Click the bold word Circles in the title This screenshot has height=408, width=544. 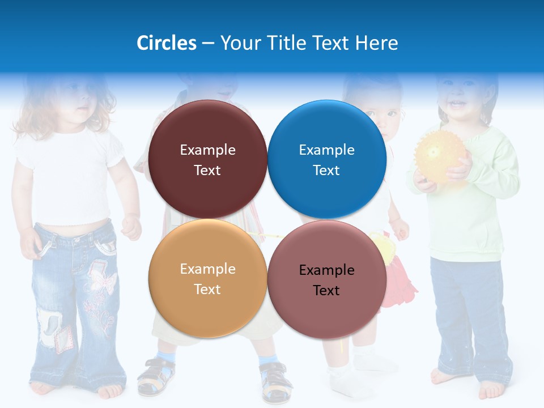(x=167, y=43)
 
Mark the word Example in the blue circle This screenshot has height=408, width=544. (x=327, y=150)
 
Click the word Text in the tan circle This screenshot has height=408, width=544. (x=207, y=289)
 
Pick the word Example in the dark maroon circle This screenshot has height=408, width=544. (x=207, y=150)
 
